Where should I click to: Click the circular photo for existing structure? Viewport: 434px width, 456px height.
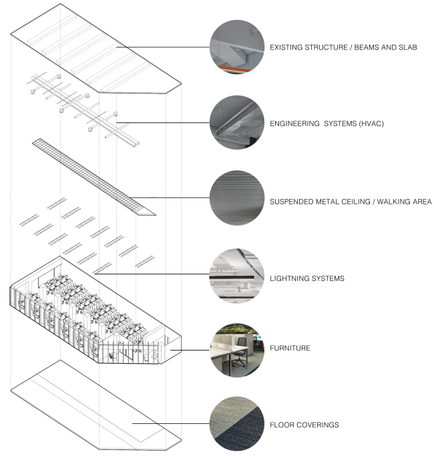pos(237,48)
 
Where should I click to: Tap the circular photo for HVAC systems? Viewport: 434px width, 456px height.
pos(237,123)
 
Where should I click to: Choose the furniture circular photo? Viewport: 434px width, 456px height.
pos(237,349)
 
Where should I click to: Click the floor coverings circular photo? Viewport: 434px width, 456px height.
pos(237,425)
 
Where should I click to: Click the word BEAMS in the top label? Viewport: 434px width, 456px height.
pos(360,48)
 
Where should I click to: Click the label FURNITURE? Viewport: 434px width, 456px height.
pos(292,349)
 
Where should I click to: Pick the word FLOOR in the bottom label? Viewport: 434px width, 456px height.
pos(282,425)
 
